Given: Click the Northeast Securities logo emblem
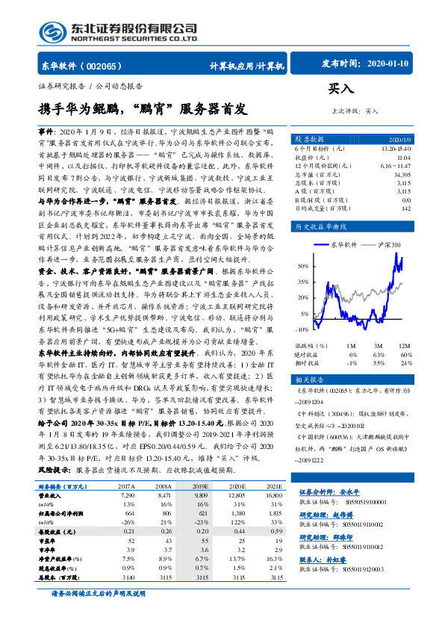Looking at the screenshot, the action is (53, 31).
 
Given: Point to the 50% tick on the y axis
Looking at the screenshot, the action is (302, 265).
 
